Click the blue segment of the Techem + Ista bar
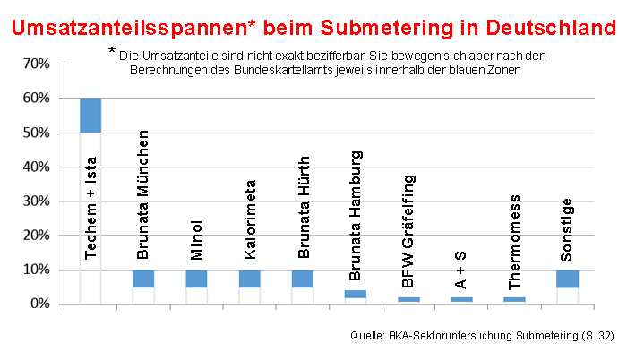point(90,116)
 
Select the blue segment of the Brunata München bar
point(143,278)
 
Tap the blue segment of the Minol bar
point(196,278)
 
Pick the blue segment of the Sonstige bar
point(567,278)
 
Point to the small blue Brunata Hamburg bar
point(356,294)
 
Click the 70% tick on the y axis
point(33,64)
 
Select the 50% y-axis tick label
point(33,133)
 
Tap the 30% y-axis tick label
point(33,201)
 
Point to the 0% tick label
point(37,304)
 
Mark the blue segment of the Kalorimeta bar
point(249,278)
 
